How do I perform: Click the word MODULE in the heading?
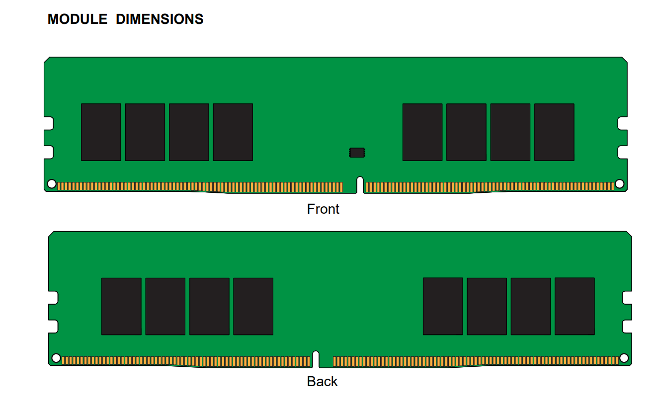(78, 19)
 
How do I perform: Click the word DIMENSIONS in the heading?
(160, 19)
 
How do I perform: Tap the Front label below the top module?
(323, 209)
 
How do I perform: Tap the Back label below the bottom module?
(322, 381)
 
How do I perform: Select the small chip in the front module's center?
(357, 153)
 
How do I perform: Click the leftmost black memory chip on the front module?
(101, 132)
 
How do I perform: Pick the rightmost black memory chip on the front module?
(554, 132)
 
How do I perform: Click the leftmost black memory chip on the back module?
(121, 306)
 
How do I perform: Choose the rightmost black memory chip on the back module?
(575, 306)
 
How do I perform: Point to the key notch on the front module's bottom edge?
(360, 185)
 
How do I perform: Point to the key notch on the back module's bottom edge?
(316, 359)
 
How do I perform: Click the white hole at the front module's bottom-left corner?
(52, 184)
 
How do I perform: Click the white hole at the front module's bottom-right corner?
(619, 184)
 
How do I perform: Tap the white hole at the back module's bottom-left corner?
(56, 358)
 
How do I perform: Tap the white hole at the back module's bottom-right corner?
(624, 358)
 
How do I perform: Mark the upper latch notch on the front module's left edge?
(49, 123)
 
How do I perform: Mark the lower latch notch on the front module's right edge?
(623, 152)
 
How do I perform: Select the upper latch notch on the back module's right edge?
(627, 297)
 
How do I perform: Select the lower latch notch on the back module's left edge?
(53, 327)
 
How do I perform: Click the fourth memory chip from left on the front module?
(233, 132)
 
